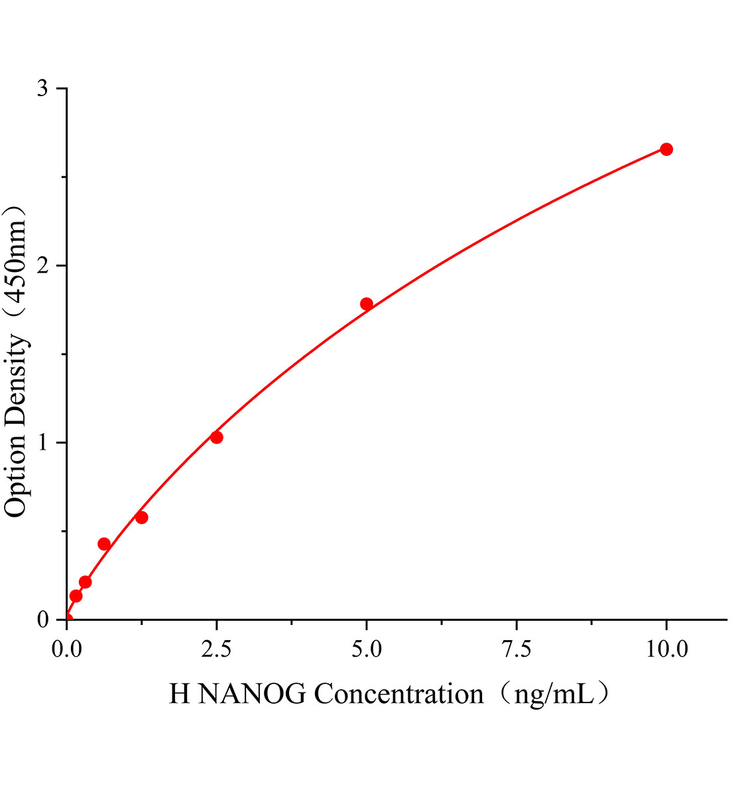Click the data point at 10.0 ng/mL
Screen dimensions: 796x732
click(666, 149)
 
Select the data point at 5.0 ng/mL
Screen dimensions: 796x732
click(367, 304)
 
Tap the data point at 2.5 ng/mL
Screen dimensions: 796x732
click(216, 437)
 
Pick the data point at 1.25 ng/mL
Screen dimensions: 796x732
click(141, 517)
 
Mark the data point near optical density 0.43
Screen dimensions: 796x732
click(104, 544)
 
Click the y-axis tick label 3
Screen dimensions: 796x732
click(43, 88)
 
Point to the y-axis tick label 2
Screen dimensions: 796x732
click(43, 265)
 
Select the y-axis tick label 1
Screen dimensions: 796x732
click(43, 442)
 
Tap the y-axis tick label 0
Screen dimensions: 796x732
click(43, 620)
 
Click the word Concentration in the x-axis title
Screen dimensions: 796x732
click(398, 695)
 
